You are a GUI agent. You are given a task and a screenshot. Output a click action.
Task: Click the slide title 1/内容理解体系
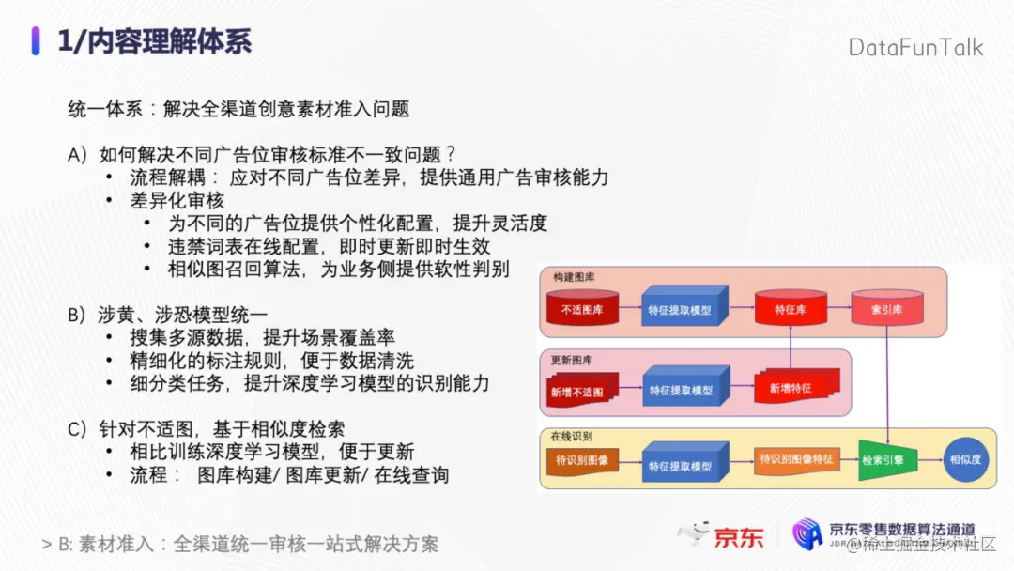(154, 42)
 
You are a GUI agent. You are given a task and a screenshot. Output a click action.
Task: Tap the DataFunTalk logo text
(915, 47)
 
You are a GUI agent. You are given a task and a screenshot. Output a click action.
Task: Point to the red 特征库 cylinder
(790, 309)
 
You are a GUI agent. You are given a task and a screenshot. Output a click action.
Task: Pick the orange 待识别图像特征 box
(795, 459)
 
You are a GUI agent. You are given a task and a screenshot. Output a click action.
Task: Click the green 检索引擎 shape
(885, 460)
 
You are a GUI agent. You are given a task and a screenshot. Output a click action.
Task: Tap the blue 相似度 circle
(965, 460)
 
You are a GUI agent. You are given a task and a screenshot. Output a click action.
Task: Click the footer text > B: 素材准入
(239, 544)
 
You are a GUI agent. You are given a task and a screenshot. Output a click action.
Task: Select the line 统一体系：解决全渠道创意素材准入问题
(238, 109)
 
